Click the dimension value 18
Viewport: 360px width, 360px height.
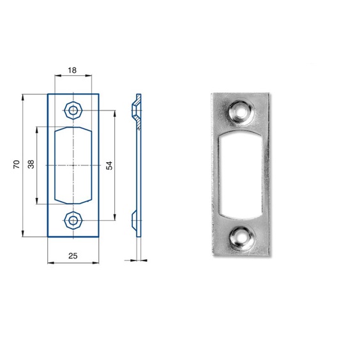pyautogui.click(x=72, y=70)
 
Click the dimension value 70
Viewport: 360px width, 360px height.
pyautogui.click(x=17, y=165)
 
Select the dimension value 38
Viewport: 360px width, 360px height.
pyautogui.click(x=31, y=164)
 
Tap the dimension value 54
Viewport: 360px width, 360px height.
pyautogui.click(x=110, y=165)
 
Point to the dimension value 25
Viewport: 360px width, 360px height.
pyautogui.click(x=73, y=256)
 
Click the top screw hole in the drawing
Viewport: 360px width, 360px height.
pyautogui.click(x=73, y=110)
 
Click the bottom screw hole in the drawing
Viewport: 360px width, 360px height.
pyautogui.click(x=73, y=221)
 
